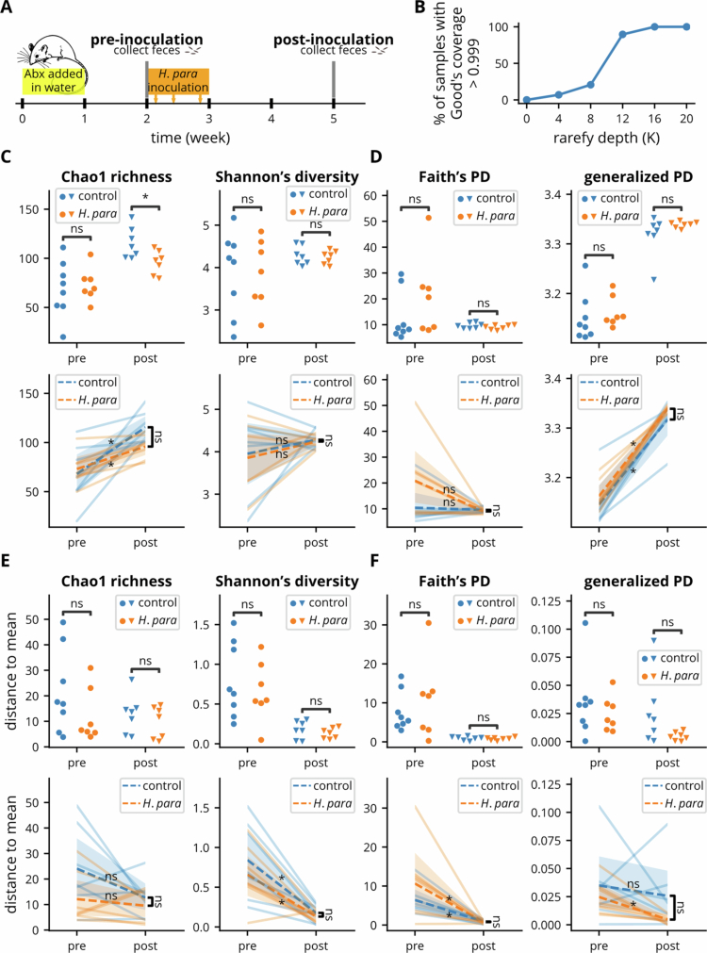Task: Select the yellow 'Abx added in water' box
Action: click(x=54, y=81)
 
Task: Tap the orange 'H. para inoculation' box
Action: click(x=177, y=81)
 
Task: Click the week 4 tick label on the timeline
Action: click(x=271, y=119)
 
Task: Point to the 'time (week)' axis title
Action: click(x=190, y=138)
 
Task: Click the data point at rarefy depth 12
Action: click(x=622, y=35)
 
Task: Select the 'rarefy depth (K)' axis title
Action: click(x=606, y=138)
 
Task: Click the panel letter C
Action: click(x=6, y=156)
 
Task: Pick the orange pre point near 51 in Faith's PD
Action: click(x=429, y=218)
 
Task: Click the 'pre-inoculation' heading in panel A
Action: click(x=146, y=41)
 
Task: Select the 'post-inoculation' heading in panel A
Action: click(x=333, y=41)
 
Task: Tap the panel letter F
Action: click(x=374, y=560)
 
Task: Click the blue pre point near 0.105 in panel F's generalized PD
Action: click(x=585, y=623)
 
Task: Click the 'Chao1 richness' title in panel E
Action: click(x=116, y=582)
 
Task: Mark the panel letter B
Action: click(x=420, y=8)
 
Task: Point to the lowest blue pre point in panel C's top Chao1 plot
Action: click(x=62, y=337)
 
